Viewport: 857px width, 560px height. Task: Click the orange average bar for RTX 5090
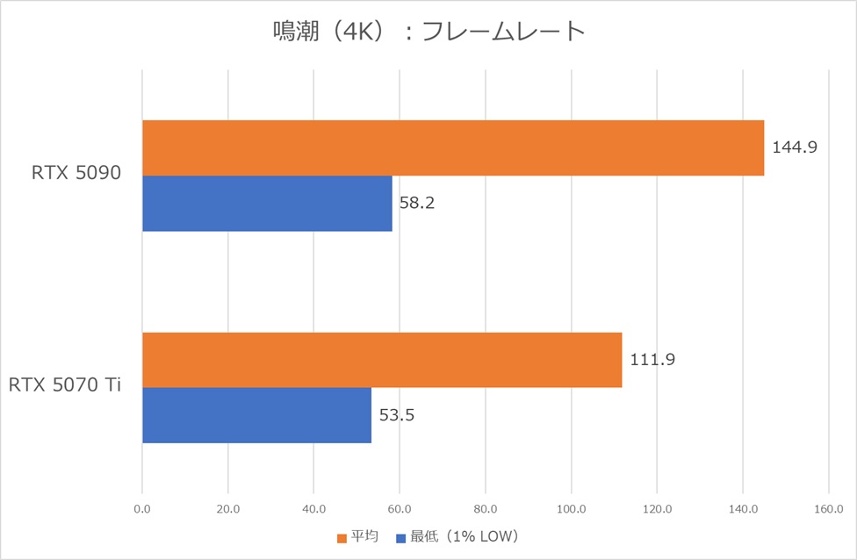click(453, 148)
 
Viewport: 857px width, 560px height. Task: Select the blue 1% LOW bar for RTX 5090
click(267, 204)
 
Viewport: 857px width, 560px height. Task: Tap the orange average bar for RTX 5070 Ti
click(382, 360)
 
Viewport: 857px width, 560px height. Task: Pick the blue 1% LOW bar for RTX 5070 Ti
click(256, 415)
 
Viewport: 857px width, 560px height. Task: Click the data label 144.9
click(795, 147)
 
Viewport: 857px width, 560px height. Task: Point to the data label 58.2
click(417, 204)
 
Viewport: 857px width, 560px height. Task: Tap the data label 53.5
click(397, 415)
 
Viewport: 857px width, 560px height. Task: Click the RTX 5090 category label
click(75, 175)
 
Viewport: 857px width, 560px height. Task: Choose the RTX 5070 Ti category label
click(65, 386)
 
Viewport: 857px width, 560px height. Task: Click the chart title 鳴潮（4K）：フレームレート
click(428, 32)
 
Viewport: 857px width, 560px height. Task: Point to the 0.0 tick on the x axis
click(142, 508)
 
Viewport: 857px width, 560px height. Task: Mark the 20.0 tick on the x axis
click(227, 508)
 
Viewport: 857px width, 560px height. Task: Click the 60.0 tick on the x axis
click(400, 508)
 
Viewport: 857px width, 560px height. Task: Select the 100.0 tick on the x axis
click(571, 508)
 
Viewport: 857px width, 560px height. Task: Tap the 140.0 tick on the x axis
click(743, 508)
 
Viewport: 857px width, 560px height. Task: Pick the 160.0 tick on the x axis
click(829, 508)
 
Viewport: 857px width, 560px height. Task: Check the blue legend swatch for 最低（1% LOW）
click(400, 537)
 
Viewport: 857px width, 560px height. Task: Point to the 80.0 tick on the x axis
click(486, 508)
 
